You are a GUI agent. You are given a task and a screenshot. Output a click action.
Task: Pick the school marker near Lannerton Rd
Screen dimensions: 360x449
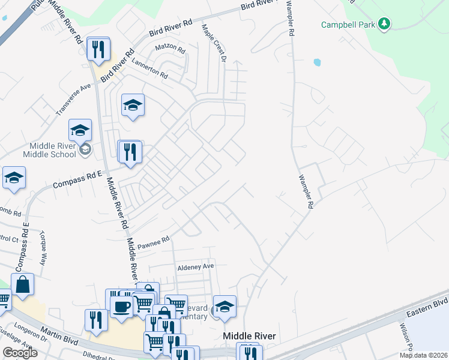coord(133,106)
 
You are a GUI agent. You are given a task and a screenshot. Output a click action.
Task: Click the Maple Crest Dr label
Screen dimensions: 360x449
coord(213,43)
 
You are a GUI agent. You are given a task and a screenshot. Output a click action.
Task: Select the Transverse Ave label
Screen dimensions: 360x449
coord(73,100)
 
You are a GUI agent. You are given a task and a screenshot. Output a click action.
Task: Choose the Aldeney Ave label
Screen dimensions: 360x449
coord(195,266)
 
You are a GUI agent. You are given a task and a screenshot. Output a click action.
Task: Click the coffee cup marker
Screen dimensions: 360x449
coord(121,306)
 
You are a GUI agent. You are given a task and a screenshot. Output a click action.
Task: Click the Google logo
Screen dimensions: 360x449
coord(20,352)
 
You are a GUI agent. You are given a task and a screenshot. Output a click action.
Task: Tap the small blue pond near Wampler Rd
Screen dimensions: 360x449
coord(316,62)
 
